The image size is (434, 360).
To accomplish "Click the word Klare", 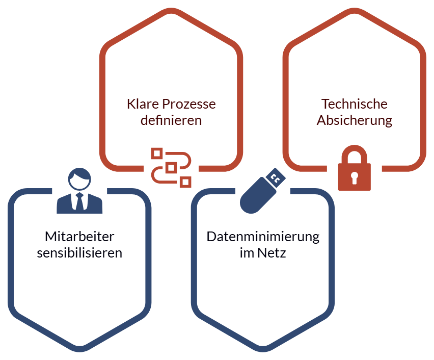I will coord(143,104).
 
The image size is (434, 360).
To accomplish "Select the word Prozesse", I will coord(189,104).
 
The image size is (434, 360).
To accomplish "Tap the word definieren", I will coord(171,121).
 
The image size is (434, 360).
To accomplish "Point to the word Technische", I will coord(355,104).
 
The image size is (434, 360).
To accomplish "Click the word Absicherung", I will coord(355,121).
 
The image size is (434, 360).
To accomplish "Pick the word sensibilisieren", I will coord(79,253).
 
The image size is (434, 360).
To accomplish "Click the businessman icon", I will coord(79,191).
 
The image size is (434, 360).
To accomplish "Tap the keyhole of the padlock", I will coord(355,177).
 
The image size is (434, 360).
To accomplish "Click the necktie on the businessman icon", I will coord(79,202).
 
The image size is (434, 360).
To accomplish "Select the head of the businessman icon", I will coord(79,178).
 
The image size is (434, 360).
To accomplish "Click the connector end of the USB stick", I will coord(277,177).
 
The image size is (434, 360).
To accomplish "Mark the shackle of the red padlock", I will coord(355,155).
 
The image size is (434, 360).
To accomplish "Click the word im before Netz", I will coord(247,253).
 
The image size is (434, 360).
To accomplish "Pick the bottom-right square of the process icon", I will coord(186,181).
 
